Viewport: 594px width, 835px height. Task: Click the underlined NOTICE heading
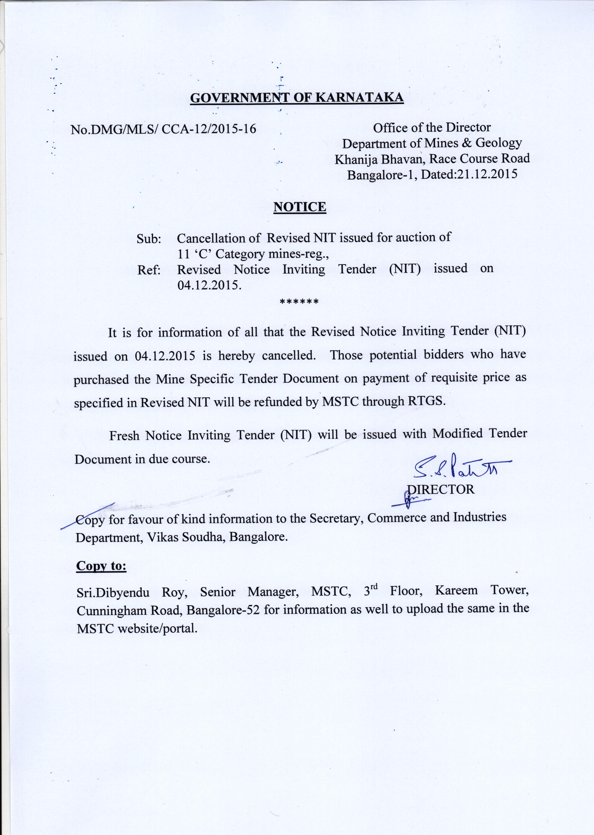click(x=300, y=207)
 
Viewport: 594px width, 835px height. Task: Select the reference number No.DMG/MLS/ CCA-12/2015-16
click(x=163, y=129)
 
